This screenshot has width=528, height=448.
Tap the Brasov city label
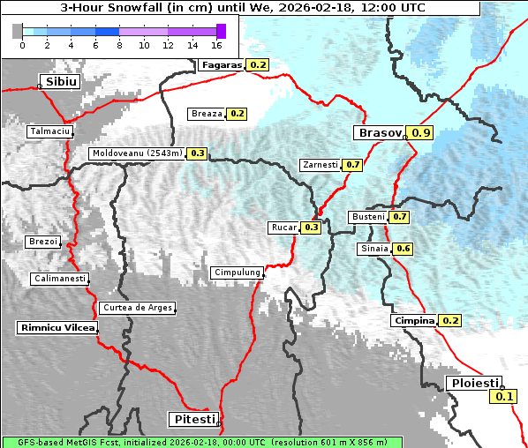pos(379,133)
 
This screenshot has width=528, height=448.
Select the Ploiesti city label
pos(474,383)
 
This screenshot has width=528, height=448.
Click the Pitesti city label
pos(192,418)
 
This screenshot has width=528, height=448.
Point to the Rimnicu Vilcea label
pos(57,327)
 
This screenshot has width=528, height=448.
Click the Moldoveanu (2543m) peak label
pos(137,153)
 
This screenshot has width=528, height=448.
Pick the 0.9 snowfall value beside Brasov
pos(422,133)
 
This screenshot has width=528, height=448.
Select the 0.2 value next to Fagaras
pos(258,64)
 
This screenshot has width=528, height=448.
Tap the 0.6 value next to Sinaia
pos(403,249)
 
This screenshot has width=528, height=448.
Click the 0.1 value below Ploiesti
pos(504,396)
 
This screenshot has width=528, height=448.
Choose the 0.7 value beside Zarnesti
pos(353,165)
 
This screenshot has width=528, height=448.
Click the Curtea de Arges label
pos(137,308)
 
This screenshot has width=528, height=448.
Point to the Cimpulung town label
pos(238,273)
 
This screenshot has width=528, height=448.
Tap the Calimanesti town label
pos(60,279)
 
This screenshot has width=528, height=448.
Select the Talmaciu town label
pos(50,131)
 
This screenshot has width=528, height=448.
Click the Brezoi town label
pos(43,242)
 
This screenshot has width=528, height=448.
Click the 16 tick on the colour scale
pos(217,44)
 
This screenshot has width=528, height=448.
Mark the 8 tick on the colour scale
pos(119,44)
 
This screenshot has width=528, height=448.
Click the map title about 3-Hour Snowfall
pos(242,7)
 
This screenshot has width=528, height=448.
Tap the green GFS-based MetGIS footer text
pos(201,442)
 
